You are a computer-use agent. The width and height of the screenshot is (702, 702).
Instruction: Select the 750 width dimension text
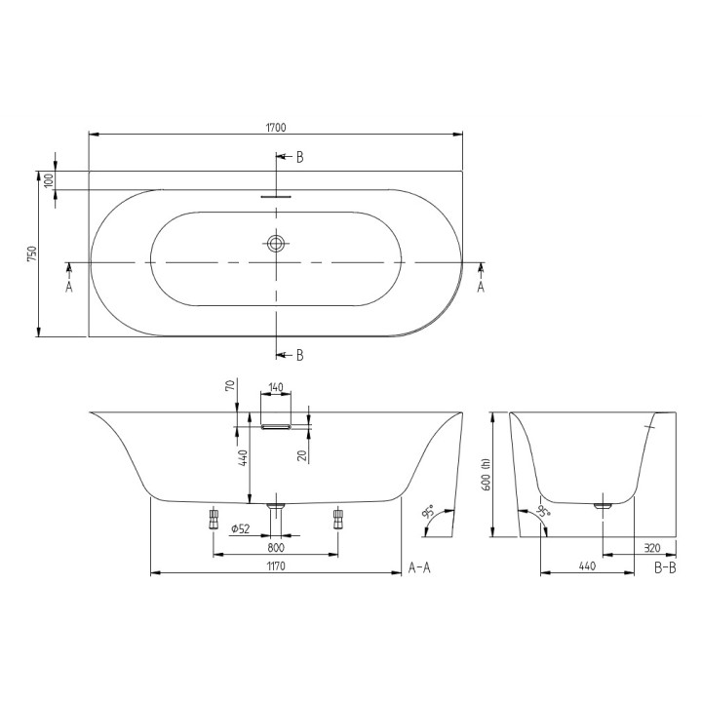tap(32, 253)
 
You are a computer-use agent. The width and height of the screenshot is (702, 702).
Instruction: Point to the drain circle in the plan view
tap(277, 241)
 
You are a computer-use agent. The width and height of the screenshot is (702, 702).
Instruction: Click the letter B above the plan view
tap(300, 157)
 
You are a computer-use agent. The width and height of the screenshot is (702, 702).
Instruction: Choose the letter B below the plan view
tap(300, 355)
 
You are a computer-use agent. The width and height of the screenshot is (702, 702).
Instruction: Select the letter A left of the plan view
tap(69, 288)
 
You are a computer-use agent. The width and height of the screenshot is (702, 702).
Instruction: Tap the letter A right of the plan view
tap(481, 288)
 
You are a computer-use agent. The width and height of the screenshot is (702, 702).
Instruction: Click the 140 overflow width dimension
tap(276, 388)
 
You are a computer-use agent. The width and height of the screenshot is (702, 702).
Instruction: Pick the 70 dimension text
tap(231, 387)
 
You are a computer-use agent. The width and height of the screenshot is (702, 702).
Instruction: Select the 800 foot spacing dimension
tap(276, 549)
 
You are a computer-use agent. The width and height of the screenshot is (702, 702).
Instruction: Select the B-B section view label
tap(666, 566)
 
